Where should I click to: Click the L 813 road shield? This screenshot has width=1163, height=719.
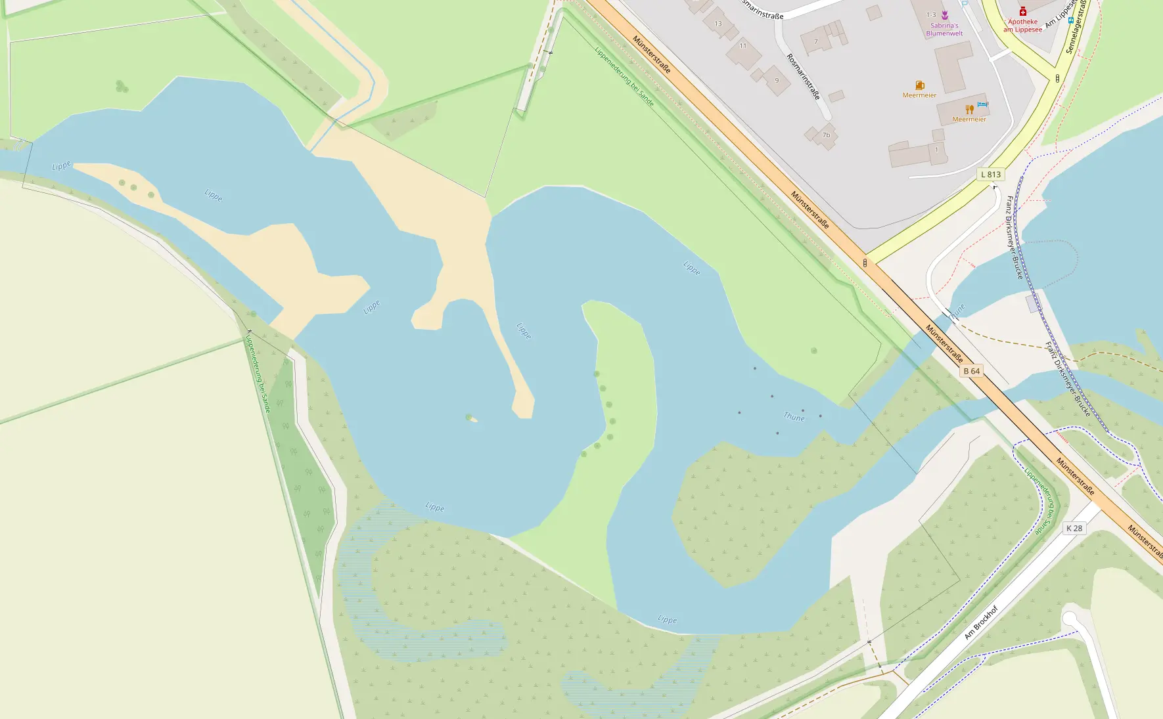pyautogui.click(x=991, y=174)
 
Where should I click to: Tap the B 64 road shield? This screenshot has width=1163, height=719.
pyautogui.click(x=971, y=371)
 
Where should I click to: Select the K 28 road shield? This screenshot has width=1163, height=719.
pyautogui.click(x=1074, y=528)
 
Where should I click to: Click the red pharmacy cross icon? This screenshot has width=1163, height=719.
pyautogui.click(x=1023, y=11)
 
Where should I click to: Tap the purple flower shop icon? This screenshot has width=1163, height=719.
pyautogui.click(x=945, y=15)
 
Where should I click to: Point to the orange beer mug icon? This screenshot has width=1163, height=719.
pyautogui.click(x=920, y=85)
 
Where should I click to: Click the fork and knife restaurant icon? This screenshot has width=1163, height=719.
pyautogui.click(x=969, y=109)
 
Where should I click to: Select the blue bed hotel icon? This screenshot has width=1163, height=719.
pyautogui.click(x=982, y=104)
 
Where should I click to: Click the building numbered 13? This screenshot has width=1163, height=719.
pyautogui.click(x=718, y=24)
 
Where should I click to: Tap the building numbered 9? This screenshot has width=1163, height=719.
pyautogui.click(x=777, y=81)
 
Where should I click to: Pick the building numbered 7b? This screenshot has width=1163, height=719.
pyautogui.click(x=826, y=135)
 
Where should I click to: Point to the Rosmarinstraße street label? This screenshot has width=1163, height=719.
pyautogui.click(x=804, y=77)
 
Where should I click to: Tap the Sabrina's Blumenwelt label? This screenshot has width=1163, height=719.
pyautogui.click(x=944, y=30)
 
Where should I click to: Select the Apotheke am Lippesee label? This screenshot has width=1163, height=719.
pyautogui.click(x=1022, y=26)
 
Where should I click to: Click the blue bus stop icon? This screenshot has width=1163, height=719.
pyautogui.click(x=1070, y=20)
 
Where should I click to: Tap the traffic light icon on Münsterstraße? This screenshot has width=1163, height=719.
pyautogui.click(x=865, y=263)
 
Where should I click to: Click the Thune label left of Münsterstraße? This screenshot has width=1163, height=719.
pyautogui.click(x=794, y=417)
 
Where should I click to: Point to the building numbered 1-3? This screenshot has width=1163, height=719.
pyautogui.click(x=931, y=14)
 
